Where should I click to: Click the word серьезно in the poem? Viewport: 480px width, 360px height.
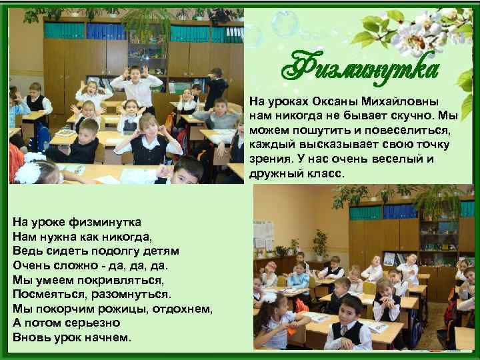point(93,323)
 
